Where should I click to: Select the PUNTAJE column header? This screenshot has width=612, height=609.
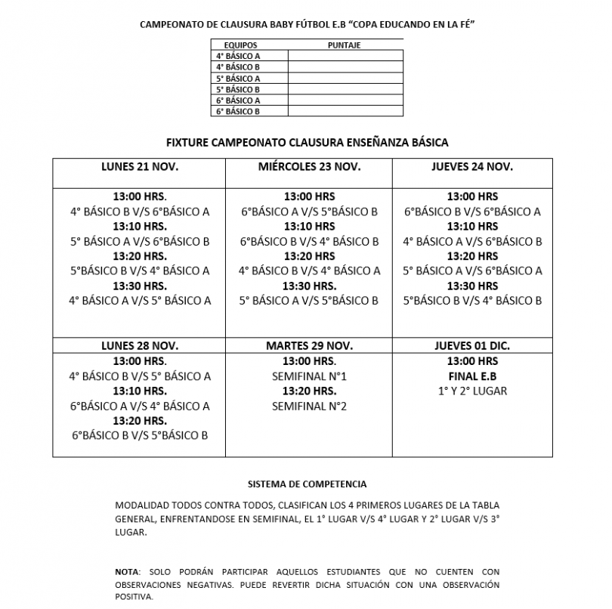click(344, 45)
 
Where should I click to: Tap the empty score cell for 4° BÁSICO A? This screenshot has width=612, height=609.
click(345, 56)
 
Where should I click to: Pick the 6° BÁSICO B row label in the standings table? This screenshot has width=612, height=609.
click(237, 111)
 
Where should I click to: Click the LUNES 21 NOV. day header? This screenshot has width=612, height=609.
click(140, 166)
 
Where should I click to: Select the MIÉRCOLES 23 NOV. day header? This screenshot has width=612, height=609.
click(309, 166)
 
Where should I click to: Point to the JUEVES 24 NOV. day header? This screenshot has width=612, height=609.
click(472, 166)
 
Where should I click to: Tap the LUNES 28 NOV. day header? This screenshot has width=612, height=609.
click(140, 345)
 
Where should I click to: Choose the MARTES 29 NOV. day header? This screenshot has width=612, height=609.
click(309, 345)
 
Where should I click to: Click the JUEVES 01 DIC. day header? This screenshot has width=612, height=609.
click(472, 345)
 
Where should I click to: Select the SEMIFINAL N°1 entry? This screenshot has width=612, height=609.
click(309, 376)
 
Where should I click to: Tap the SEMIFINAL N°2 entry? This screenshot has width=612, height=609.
click(309, 406)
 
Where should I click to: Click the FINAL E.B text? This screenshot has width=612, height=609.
click(472, 376)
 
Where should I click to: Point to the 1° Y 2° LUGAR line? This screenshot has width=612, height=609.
click(472, 391)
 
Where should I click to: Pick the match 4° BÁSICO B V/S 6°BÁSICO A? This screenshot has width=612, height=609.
click(140, 212)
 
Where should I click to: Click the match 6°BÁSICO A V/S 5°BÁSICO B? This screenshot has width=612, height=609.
click(309, 212)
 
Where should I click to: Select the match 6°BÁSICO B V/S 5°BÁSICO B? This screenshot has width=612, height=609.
click(140, 435)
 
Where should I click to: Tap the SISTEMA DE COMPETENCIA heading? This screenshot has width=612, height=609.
click(307, 482)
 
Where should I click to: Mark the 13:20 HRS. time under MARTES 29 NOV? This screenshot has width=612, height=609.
click(309, 391)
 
